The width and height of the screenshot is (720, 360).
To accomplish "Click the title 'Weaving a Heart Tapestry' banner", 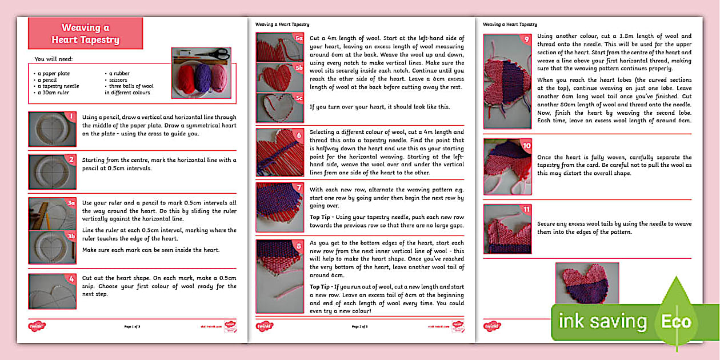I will pos(85,34).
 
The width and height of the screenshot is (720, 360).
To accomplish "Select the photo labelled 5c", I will pos(280,107).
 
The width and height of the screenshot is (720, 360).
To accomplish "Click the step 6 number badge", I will pos(299,135).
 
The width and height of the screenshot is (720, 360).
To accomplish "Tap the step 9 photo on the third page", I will pos(507,81).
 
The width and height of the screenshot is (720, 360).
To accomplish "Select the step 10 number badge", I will pos(526,146).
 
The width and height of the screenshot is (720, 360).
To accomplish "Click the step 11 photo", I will pos(507,229).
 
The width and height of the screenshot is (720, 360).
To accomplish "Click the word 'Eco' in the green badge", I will pos(677,322).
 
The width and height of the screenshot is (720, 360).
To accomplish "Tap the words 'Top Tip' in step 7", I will pos(322,217).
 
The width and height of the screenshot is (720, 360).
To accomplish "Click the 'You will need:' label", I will pos(53,59).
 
